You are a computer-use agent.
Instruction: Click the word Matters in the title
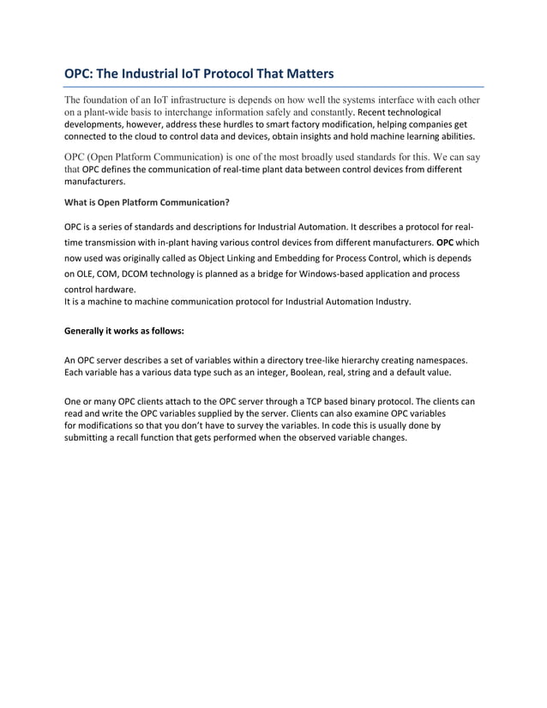coord(304,74)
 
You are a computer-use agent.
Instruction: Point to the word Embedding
coord(302,258)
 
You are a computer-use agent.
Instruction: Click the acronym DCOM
coord(141,273)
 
